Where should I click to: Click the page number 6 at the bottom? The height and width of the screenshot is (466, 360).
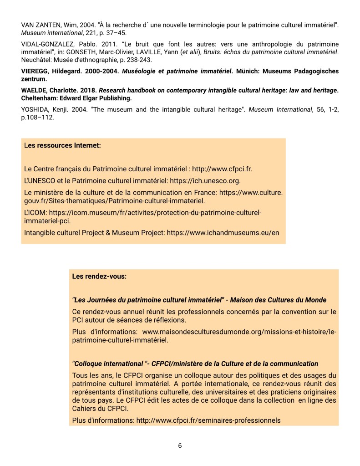[x=180, y=446]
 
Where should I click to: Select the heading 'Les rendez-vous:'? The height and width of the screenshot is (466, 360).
[x=99, y=276]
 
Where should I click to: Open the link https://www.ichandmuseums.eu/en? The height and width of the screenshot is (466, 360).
[x=223, y=232]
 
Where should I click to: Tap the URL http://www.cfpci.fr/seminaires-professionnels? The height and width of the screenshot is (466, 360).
[x=208, y=420]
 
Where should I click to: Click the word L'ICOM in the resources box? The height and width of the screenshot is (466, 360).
[x=35, y=212]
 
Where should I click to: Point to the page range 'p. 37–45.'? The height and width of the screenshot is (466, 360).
[x=114, y=33]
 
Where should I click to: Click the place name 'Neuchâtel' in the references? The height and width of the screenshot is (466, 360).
[x=36, y=60]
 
